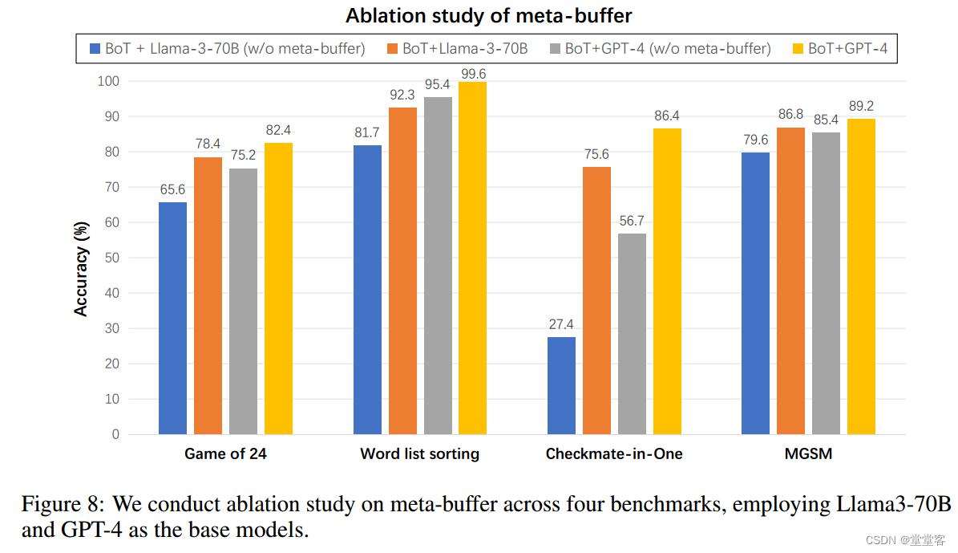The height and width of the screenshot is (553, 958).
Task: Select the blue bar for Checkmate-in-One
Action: pos(561,385)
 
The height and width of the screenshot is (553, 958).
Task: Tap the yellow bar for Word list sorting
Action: pos(472,258)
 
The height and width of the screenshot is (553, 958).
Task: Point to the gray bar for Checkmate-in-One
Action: pos(632,334)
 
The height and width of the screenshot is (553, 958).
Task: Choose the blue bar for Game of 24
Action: pos(172,318)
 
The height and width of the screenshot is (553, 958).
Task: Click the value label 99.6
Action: pos(472,74)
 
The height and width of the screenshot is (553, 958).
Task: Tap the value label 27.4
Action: pos(561,325)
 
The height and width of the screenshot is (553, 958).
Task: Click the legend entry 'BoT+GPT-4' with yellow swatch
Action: pos(847,49)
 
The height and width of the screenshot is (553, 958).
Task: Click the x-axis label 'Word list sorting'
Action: pos(419,453)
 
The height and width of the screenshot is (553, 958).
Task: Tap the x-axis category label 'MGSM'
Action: pos(808,453)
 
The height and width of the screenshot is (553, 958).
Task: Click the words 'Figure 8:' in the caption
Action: pos(62,504)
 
